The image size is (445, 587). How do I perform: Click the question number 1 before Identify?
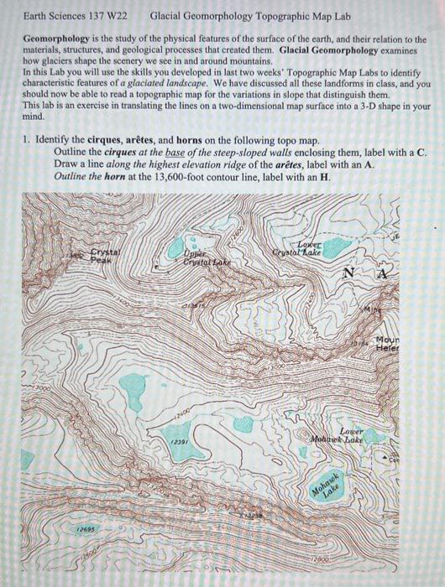point(27,140)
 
